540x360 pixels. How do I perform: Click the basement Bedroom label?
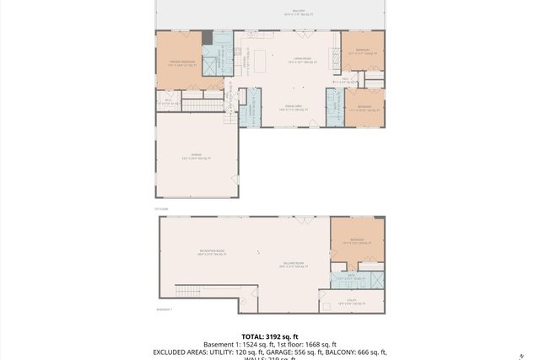[357, 240]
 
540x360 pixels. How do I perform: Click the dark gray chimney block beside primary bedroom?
[207, 36]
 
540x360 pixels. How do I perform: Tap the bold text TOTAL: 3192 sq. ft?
[269, 335]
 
